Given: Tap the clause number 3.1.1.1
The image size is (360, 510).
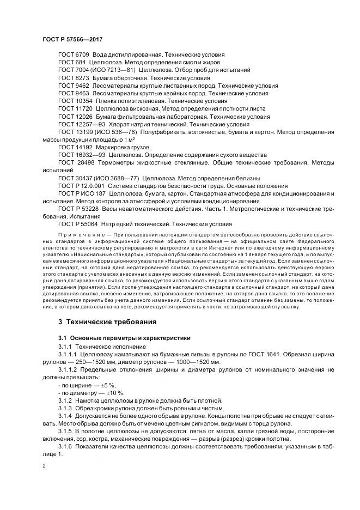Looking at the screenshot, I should [68, 354].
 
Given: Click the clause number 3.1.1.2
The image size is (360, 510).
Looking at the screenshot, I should [68, 370].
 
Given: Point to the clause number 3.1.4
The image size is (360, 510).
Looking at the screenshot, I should [65, 416].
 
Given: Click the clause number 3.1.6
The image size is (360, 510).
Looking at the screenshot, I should [65, 447].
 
